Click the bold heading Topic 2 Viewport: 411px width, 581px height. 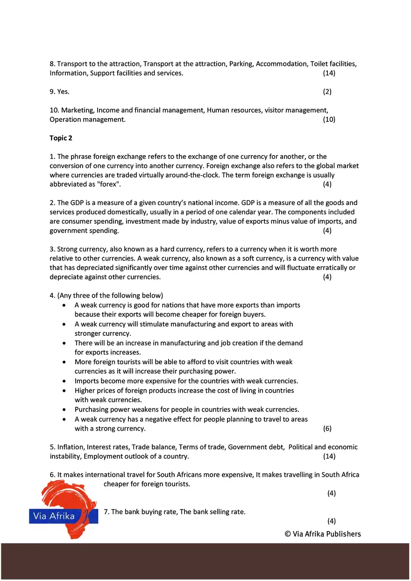click(61, 138)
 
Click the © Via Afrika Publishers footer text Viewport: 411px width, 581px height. click(323, 534)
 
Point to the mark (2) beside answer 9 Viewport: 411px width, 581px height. click(327, 92)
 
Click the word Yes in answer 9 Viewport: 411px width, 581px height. click(63, 92)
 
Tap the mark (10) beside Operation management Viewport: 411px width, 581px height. click(329, 120)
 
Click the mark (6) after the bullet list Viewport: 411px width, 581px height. click(327, 428)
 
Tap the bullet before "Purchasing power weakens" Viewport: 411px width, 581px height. click(64, 410)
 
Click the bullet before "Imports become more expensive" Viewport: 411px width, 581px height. click(64, 381)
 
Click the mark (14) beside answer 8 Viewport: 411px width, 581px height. click(329, 73)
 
